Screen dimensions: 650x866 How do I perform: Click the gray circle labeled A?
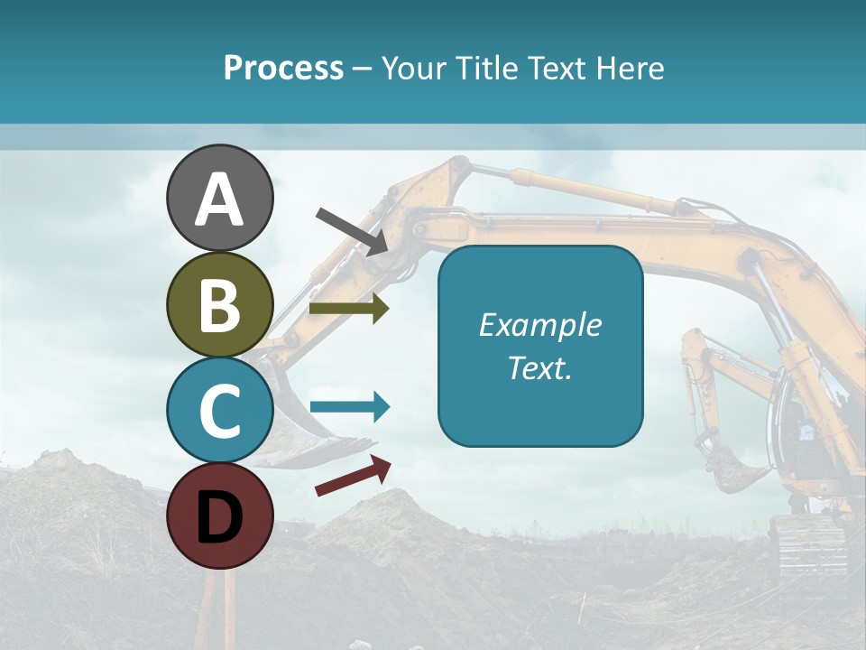pos(219,198)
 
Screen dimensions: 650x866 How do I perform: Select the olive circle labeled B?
pos(219,304)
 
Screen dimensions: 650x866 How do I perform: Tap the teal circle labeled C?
pos(219,410)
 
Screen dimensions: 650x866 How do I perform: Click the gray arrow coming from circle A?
pos(352,230)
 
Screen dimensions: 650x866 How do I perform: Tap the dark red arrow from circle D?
pos(353,476)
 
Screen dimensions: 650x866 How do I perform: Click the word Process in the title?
pos(283,69)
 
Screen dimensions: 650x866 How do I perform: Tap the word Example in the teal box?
pos(539,325)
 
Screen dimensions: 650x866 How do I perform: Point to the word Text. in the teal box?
pos(539,367)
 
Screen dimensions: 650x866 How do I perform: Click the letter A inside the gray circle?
pos(219,200)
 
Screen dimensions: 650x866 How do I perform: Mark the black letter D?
pos(219,516)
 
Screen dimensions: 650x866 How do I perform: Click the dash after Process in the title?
pos(362,70)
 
